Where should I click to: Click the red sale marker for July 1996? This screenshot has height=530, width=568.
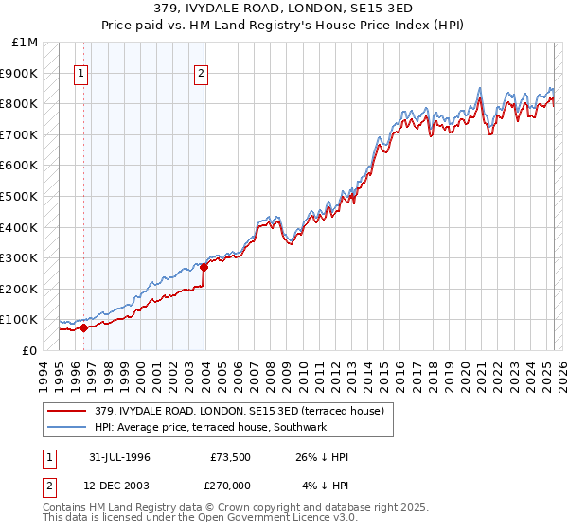pos(83,327)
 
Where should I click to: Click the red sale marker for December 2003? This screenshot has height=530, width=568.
pos(204,267)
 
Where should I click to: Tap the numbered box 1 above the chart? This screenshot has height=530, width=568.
pos(81,74)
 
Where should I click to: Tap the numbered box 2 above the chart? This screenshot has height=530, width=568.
pos(202,74)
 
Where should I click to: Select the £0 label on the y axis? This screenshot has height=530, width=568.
pos(29,350)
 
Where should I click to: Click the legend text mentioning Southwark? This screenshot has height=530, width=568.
pos(209,428)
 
